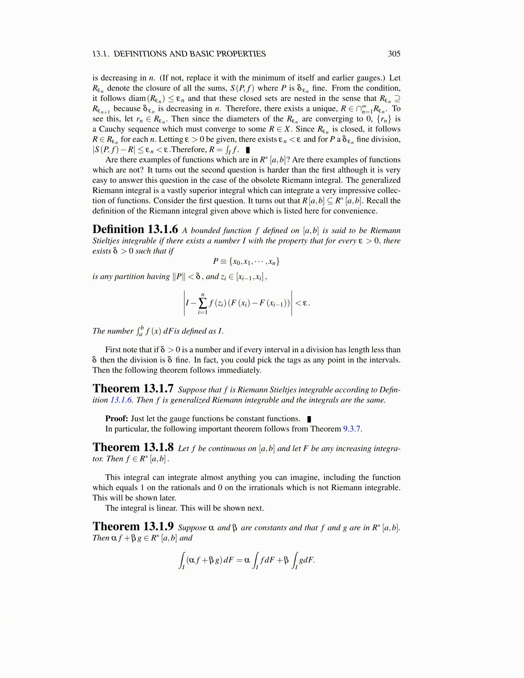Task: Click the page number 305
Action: (x=394, y=54)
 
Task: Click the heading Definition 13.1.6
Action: (x=135, y=229)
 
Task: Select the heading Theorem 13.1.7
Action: (x=133, y=389)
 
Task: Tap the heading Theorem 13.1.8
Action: (x=133, y=447)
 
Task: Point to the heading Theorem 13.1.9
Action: (x=133, y=526)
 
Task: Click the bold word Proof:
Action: (x=116, y=419)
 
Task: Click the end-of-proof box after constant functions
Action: (x=309, y=419)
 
